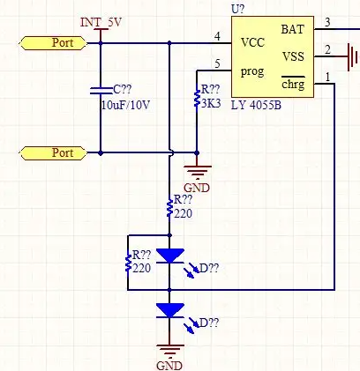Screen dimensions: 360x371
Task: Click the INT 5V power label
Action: pos(101,23)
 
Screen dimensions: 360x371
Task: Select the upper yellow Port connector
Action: pos(53,43)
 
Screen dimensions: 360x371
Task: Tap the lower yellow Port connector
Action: pos(53,153)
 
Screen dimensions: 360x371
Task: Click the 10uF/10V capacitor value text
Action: pos(125,105)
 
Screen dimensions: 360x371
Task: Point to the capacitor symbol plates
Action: pos(101,91)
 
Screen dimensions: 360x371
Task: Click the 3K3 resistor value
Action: pos(211,103)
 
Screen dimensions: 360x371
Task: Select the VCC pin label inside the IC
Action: pos(252,42)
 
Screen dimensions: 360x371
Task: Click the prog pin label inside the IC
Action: pos(252,72)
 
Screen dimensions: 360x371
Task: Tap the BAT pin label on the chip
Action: pos(293,29)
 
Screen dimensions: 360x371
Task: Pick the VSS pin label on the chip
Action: pos(293,56)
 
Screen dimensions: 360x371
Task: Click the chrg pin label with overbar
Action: pos(293,84)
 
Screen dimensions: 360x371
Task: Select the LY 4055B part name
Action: pos(256,105)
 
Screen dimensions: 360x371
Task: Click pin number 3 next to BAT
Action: pos(327,22)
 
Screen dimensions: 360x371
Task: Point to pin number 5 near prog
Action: pos(217,63)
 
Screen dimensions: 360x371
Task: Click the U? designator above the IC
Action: pos(237,10)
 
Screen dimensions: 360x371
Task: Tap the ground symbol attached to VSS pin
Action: pos(352,57)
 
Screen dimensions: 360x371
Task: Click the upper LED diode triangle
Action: pos(170,256)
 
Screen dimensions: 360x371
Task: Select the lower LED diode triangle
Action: pos(170,310)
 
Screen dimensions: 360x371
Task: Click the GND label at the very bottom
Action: pos(169,366)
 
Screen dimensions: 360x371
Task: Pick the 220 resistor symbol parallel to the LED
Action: pos(128,263)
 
